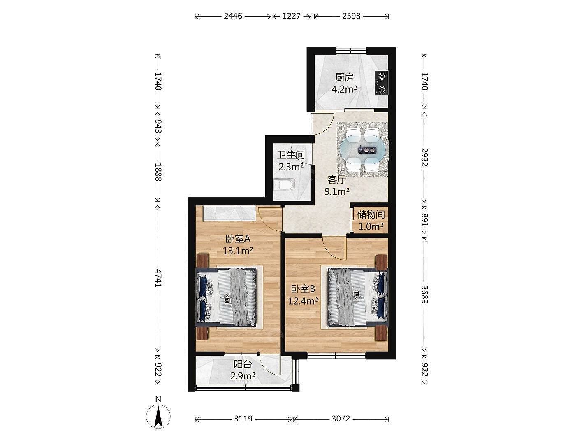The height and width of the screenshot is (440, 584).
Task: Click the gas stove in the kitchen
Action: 381,83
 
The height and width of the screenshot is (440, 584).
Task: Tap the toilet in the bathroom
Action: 284,185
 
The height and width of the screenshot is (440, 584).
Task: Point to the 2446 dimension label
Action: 233,16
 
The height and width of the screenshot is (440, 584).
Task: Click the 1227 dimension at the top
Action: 291,16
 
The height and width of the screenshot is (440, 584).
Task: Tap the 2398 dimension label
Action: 351,16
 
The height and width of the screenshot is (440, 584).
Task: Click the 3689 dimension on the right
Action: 424,294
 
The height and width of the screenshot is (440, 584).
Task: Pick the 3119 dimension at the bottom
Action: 243,419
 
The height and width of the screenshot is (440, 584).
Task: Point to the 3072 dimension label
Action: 341,419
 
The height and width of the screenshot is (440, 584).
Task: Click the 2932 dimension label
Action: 424,157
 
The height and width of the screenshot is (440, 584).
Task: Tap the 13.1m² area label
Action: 238,251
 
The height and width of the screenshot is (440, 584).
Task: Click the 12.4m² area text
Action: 303,301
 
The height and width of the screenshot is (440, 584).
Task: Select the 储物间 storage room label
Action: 371,214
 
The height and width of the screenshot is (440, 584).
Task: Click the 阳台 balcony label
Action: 243,364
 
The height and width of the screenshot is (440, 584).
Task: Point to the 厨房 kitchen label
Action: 344,77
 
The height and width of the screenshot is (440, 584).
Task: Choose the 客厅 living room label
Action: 337,180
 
